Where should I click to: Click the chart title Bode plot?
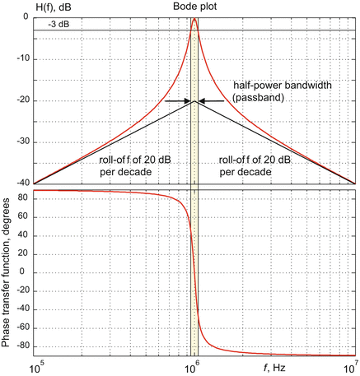coord(194,7)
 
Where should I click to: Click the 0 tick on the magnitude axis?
coord(26,17)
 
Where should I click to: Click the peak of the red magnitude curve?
coord(194,19)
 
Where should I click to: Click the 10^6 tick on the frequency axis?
coord(194,367)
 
